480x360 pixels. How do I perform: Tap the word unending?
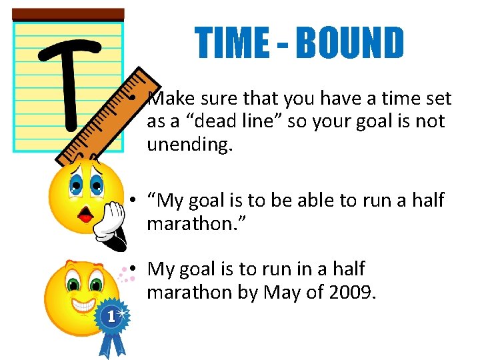190,144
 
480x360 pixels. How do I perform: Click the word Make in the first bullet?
170,99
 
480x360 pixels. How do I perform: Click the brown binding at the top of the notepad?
68,14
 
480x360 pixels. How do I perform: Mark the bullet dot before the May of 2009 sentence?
134,269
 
